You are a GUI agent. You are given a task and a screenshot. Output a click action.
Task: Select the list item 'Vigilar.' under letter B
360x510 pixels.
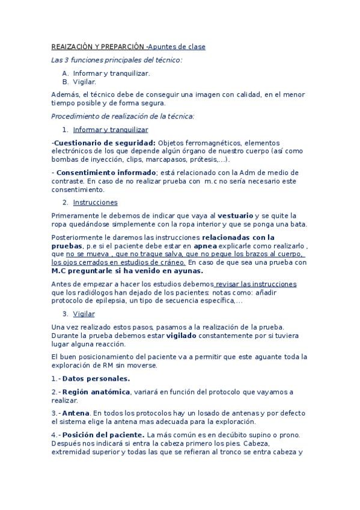click(x=84, y=81)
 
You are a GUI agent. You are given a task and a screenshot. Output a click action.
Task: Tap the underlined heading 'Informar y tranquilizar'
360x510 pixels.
click(x=111, y=129)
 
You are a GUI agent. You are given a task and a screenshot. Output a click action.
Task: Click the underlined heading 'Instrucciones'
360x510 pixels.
click(x=95, y=203)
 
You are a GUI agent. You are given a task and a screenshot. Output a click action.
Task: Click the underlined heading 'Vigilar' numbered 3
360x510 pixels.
click(x=84, y=314)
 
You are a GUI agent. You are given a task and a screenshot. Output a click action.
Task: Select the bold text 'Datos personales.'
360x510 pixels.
click(x=96, y=378)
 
